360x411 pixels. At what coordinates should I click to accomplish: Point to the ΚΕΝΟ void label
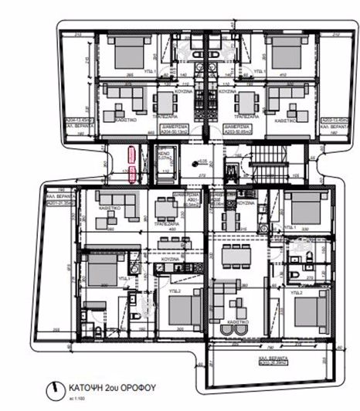pyautogui.click(x=163, y=155)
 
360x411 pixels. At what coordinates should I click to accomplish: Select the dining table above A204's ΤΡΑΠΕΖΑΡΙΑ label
pyautogui.click(x=167, y=101)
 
